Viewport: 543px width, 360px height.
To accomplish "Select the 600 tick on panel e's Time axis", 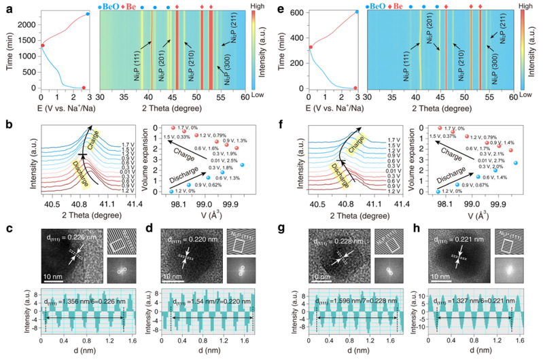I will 295,11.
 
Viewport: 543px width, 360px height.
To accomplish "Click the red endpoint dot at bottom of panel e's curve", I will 355,88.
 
